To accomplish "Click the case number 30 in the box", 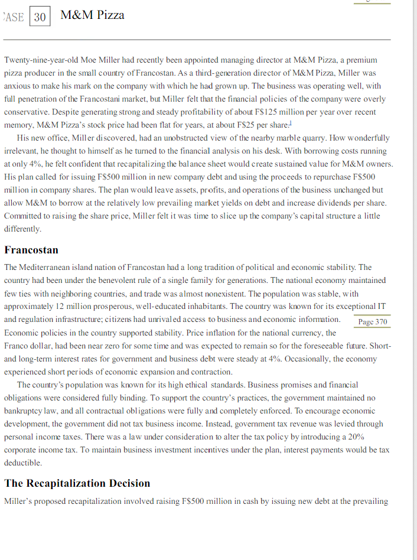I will click(40, 17).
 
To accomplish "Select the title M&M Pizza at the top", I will click(92, 15).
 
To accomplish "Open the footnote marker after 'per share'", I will click(289, 123).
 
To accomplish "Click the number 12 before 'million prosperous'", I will click(59, 307).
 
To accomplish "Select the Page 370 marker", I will click(373, 321).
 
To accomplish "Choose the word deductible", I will click(22, 463).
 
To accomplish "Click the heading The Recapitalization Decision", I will click(77, 483).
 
